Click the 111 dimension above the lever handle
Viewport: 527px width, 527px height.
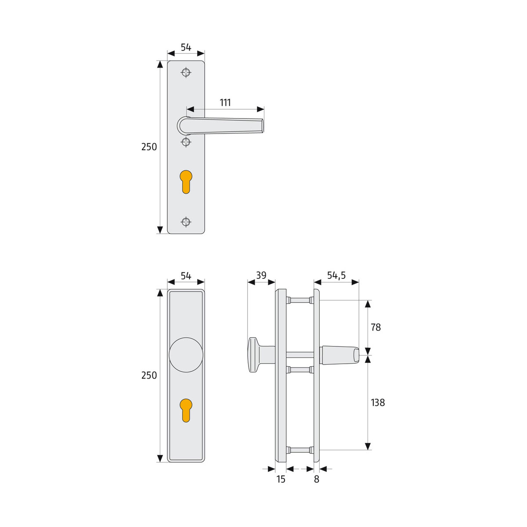tap(225, 103)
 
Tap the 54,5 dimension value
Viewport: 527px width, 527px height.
tap(336, 275)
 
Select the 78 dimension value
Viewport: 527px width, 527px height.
tap(375, 327)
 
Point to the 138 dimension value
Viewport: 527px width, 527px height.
tap(377, 402)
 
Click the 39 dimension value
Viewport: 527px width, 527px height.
tap(261, 275)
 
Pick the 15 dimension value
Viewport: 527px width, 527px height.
tap(281, 479)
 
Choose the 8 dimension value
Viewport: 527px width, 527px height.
tap(317, 479)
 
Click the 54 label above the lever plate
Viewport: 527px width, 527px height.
tap(186, 47)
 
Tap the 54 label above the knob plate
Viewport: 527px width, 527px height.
tap(186, 276)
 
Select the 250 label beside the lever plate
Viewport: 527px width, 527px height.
tap(149, 147)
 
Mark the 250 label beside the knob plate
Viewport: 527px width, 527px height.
tap(149, 375)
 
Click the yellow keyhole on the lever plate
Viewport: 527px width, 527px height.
tap(186, 180)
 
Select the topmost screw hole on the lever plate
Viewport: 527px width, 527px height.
tap(186, 72)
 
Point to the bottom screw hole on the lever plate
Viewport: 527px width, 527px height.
tap(186, 222)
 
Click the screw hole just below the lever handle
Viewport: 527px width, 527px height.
tap(186, 141)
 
